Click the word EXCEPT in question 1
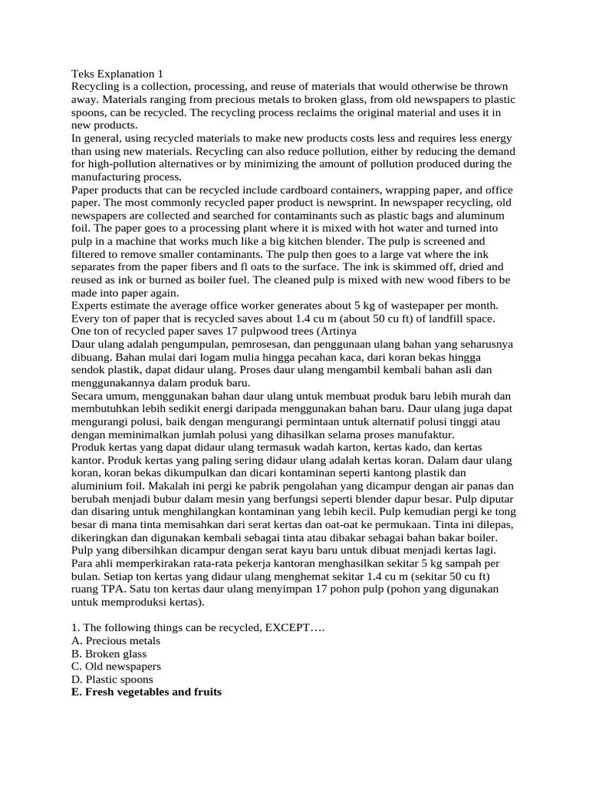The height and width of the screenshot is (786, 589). pyautogui.click(x=294, y=627)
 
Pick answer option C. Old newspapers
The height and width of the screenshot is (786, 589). pyautogui.click(x=116, y=666)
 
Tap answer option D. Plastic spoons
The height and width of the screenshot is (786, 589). pyautogui.click(x=112, y=679)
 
